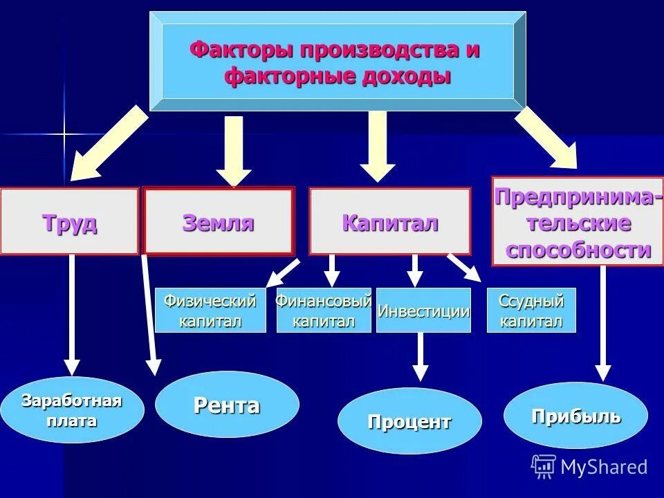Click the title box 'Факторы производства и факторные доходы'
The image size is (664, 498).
click(337, 62)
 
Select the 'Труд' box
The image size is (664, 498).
click(69, 222)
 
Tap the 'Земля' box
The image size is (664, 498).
click(219, 221)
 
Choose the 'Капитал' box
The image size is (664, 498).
click(389, 222)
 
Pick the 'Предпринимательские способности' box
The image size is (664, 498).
click(577, 222)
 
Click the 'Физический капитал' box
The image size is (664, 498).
click(210, 311)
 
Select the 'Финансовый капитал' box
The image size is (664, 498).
click(324, 311)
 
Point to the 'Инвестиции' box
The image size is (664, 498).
click(423, 311)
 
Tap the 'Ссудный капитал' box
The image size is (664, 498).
click(531, 311)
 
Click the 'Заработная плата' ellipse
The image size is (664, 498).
click(72, 410)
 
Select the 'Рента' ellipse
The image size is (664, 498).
click(227, 405)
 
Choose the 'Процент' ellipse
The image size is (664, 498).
click(409, 421)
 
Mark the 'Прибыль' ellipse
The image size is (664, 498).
click(575, 416)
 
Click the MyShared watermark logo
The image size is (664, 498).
click(589, 467)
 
